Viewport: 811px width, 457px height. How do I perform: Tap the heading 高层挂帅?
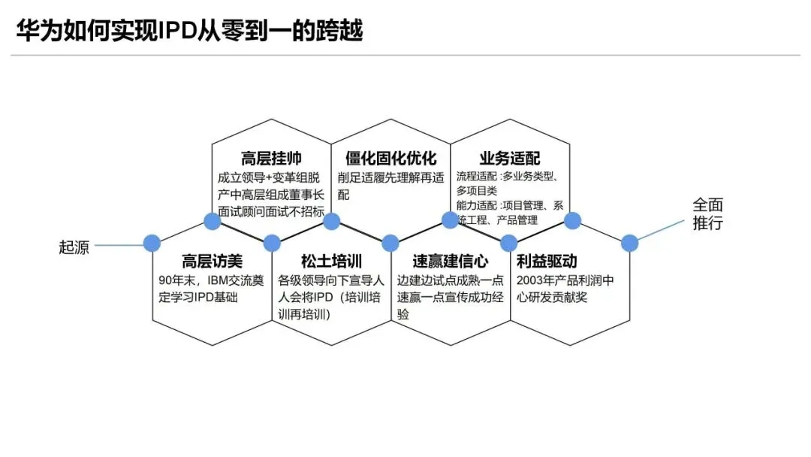[271, 159]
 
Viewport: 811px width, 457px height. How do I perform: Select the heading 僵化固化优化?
[390, 159]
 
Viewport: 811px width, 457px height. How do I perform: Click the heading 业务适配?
[510, 159]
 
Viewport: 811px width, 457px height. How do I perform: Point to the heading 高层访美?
[213, 262]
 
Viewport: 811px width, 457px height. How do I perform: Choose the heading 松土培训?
[331, 262]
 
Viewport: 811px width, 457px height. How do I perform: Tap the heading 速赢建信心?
[451, 262]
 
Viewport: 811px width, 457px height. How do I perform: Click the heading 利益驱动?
[547, 262]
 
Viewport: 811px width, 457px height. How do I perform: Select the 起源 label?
[74, 247]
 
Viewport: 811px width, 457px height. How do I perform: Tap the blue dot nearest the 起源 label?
[152, 243]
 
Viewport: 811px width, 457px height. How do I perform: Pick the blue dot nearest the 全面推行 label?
[629, 243]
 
